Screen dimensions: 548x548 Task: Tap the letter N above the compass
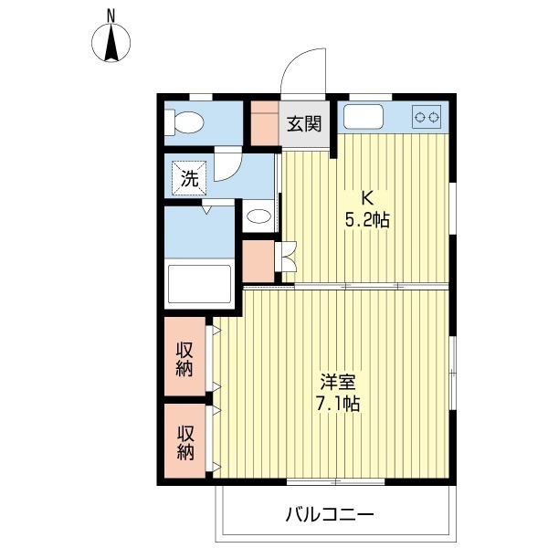tap(111, 15)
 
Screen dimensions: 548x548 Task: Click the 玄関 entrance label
tap(304, 124)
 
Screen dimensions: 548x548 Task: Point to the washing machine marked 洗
tap(189, 179)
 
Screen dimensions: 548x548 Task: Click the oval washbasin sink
tap(259, 217)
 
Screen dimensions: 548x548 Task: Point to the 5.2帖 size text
tap(368, 220)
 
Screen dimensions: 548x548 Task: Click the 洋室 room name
tap(338, 381)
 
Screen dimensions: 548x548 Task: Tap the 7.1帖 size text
tap(338, 404)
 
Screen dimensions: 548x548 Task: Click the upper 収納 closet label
tap(185, 359)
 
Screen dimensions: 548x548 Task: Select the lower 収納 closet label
tap(185, 443)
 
